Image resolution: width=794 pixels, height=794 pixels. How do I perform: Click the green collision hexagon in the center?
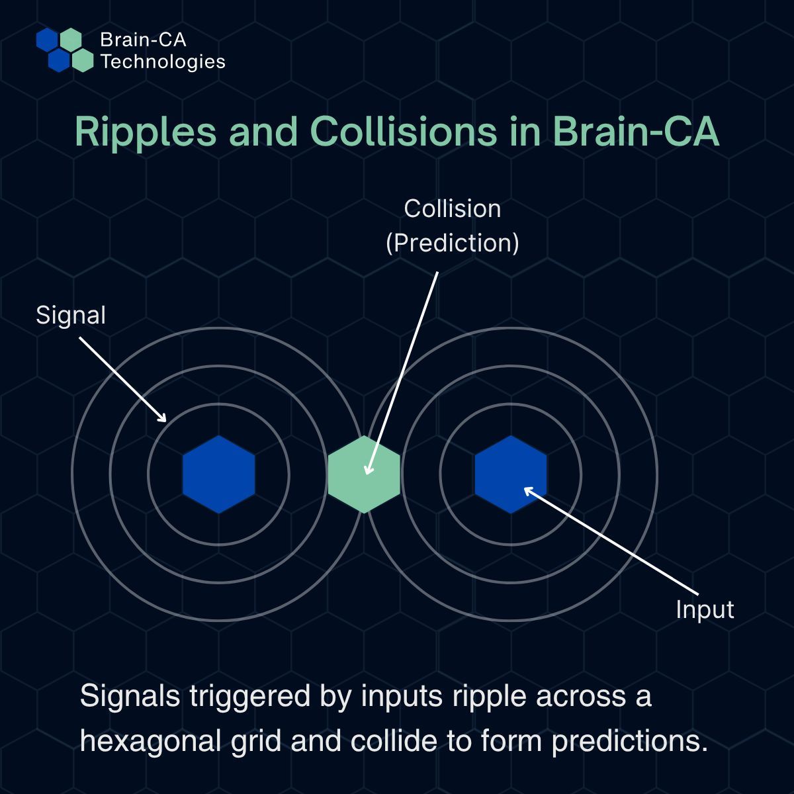tap(364, 474)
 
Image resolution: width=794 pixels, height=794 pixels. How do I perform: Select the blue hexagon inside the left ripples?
tap(218, 474)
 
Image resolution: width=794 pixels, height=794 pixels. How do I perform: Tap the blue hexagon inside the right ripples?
tap(511, 474)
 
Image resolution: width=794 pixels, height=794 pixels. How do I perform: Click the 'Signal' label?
tap(71, 315)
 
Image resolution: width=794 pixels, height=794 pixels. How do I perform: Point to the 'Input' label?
tap(705, 609)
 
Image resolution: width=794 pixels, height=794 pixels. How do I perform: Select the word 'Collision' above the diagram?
tap(453, 209)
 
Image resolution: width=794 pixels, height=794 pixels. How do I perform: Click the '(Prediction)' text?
tap(453, 243)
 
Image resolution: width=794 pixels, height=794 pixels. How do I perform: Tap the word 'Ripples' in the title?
tap(146, 132)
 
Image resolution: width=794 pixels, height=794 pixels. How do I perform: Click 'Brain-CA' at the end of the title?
tap(635, 132)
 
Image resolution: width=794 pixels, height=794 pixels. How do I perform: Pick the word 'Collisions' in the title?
tap(403, 132)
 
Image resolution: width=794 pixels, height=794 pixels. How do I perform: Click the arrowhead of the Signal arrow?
tap(163, 419)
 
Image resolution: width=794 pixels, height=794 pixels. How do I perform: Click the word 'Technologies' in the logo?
tap(163, 62)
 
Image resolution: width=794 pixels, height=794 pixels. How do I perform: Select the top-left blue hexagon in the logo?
tap(47, 40)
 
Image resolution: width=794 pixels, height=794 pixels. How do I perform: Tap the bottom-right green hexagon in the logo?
tap(83, 60)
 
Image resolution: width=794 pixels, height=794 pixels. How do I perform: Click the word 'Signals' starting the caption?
tap(130, 696)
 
